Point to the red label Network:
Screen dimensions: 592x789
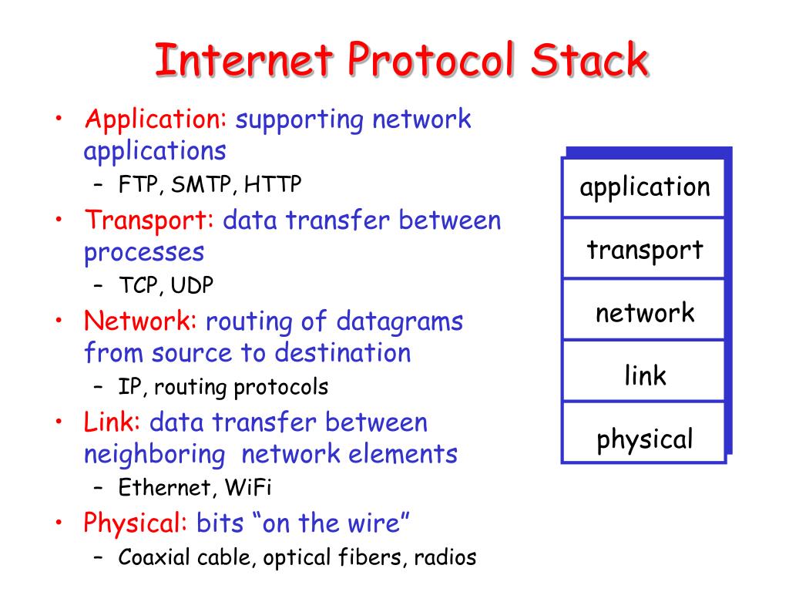tap(141, 321)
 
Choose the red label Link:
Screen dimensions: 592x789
tap(112, 422)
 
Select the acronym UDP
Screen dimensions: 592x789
tap(192, 285)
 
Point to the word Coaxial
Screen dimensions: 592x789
tap(151, 557)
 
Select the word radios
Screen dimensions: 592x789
tap(445, 557)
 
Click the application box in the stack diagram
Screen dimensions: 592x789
tap(644, 187)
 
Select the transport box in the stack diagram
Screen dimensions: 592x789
tap(644, 250)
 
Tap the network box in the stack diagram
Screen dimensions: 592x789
tap(644, 313)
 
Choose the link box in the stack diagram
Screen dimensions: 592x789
tap(644, 376)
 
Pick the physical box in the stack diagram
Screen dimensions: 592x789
tap(644, 439)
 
